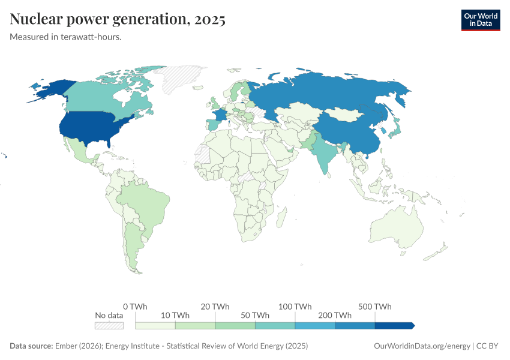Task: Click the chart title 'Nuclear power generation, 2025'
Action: (x=118, y=19)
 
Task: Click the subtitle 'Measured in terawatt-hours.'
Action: (x=66, y=37)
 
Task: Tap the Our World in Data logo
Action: (x=480, y=20)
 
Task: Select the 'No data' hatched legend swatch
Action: (x=109, y=325)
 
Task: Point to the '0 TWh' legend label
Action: (x=135, y=307)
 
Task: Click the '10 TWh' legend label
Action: (x=175, y=316)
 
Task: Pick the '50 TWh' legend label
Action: (x=255, y=316)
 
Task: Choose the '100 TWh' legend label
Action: (x=295, y=307)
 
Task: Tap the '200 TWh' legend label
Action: (x=335, y=316)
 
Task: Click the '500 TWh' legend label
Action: (x=375, y=307)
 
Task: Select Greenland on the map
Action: (x=179, y=78)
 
